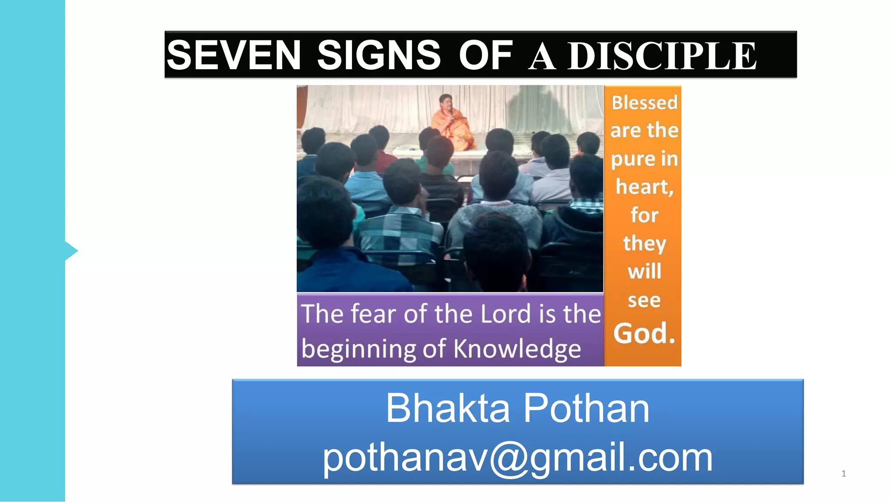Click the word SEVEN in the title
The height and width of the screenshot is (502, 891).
[234, 55]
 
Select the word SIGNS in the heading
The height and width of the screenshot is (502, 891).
[379, 55]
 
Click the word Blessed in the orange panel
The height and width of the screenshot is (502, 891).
[644, 103]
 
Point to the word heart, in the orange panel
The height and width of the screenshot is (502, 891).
[644, 187]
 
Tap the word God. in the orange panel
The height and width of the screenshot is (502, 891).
[644, 334]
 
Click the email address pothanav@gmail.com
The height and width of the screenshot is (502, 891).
[517, 457]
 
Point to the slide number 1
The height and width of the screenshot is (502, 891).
[844, 474]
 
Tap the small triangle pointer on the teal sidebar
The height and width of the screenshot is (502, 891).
[71, 251]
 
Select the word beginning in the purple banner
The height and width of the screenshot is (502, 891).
[359, 350]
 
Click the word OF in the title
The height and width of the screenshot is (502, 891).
[486, 55]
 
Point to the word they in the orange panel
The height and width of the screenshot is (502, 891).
[644, 243]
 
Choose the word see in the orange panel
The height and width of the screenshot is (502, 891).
[644, 300]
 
